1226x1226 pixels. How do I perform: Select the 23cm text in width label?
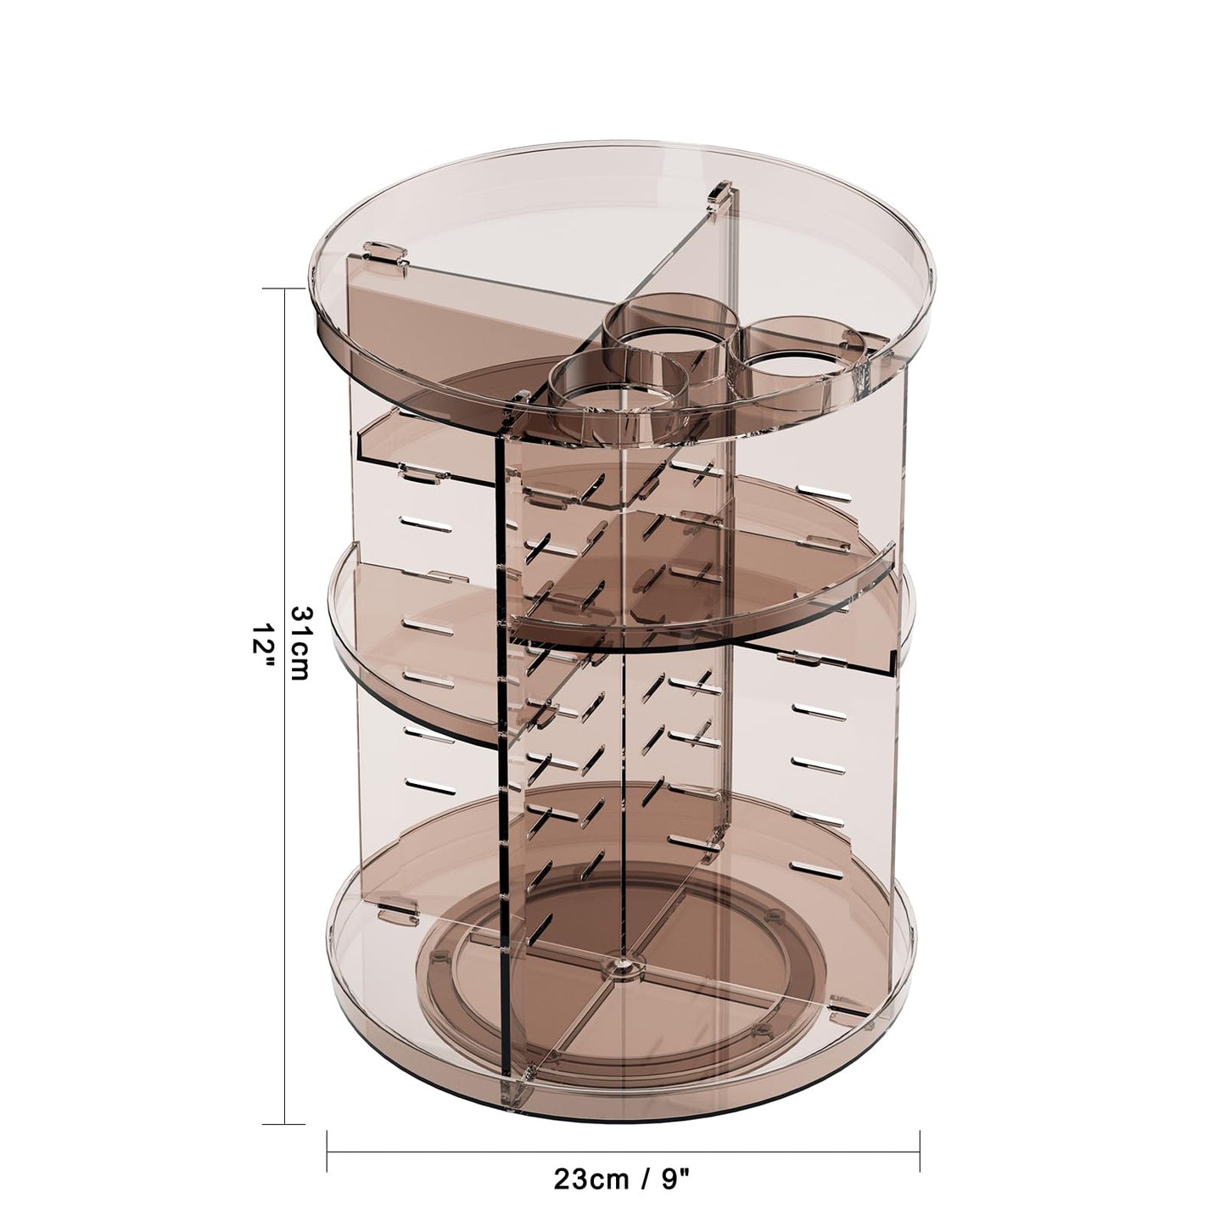click(591, 1178)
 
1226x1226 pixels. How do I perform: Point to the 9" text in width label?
click(674, 1178)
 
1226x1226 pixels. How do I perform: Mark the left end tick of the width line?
click(327, 1151)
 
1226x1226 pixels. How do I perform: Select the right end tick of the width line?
click(920, 1151)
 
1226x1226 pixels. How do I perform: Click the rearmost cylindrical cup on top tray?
click(670, 331)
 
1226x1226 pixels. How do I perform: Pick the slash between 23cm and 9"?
click(638, 1178)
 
